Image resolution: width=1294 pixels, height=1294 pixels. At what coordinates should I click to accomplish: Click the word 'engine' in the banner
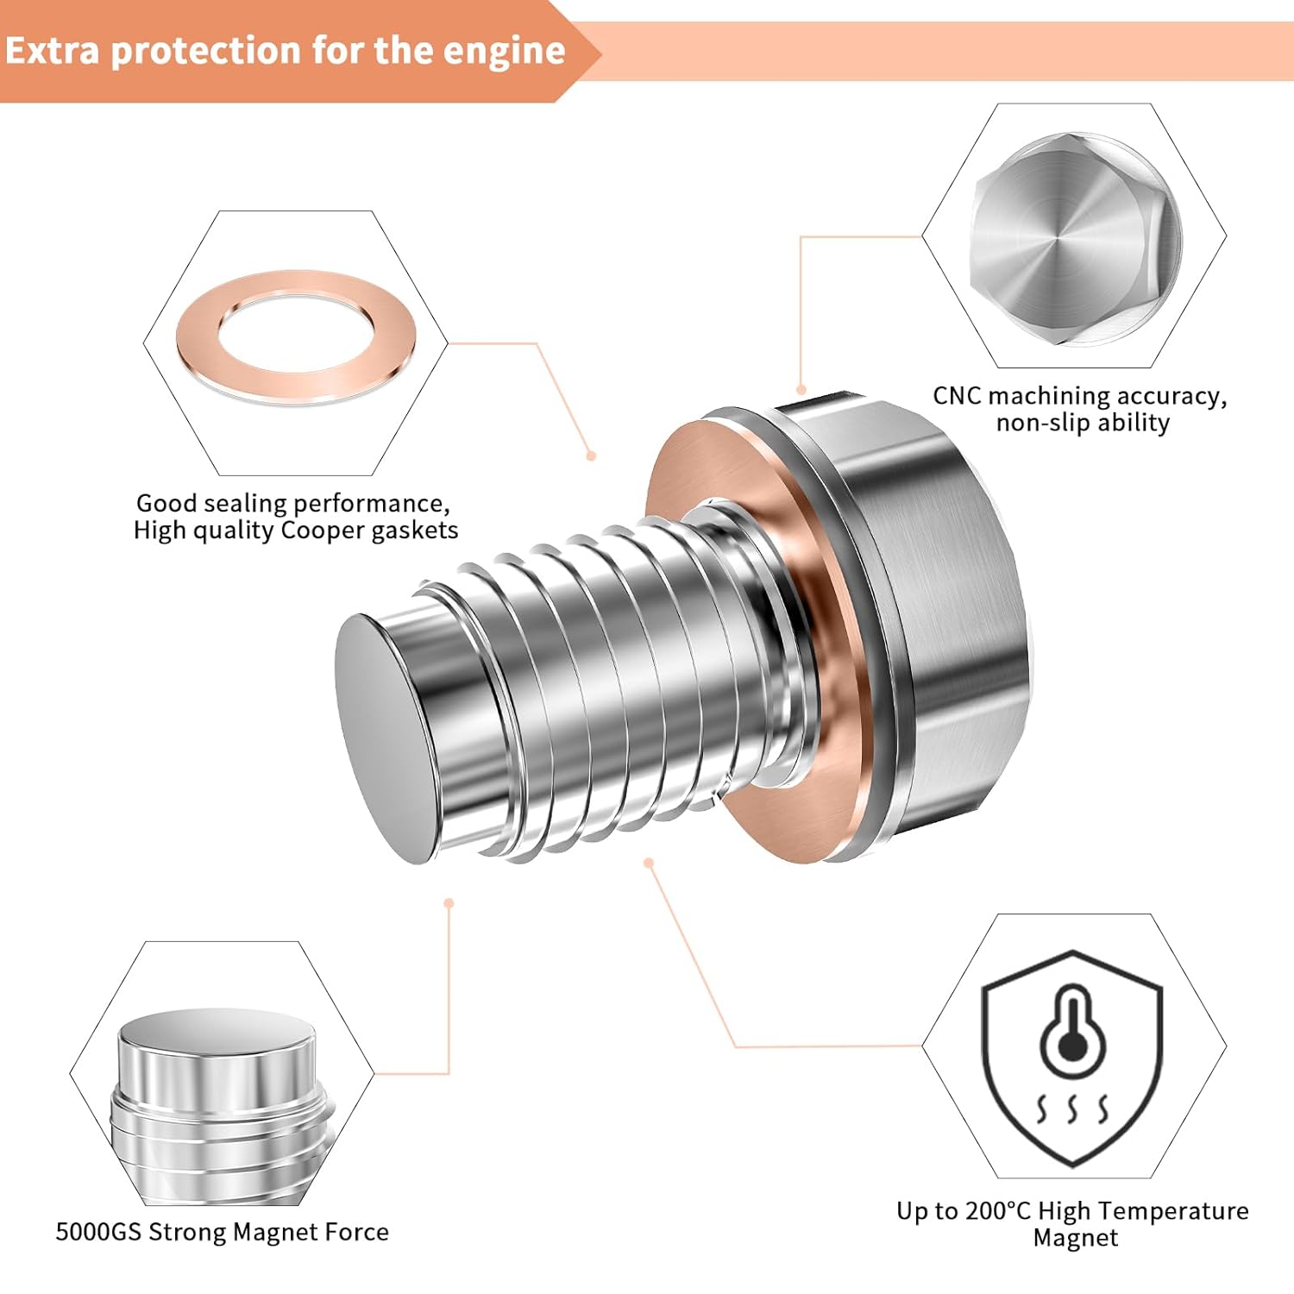504,52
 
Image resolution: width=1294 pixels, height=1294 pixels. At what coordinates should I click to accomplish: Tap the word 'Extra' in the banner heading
52,50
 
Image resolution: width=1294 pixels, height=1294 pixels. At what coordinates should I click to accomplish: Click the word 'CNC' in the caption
957,396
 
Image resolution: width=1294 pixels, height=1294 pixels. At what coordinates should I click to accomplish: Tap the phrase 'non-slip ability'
1083,423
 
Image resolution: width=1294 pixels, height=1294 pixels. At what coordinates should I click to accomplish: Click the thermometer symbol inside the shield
1072,1031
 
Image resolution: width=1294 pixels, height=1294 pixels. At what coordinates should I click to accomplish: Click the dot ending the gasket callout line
591,455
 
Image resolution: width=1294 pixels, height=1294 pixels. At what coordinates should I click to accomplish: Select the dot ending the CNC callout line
801,390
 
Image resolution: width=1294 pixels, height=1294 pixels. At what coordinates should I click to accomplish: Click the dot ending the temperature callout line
649,862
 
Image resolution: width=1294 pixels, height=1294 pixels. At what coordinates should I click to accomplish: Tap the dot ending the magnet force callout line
449,903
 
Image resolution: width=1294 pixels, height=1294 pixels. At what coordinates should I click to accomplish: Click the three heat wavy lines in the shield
1072,1109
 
